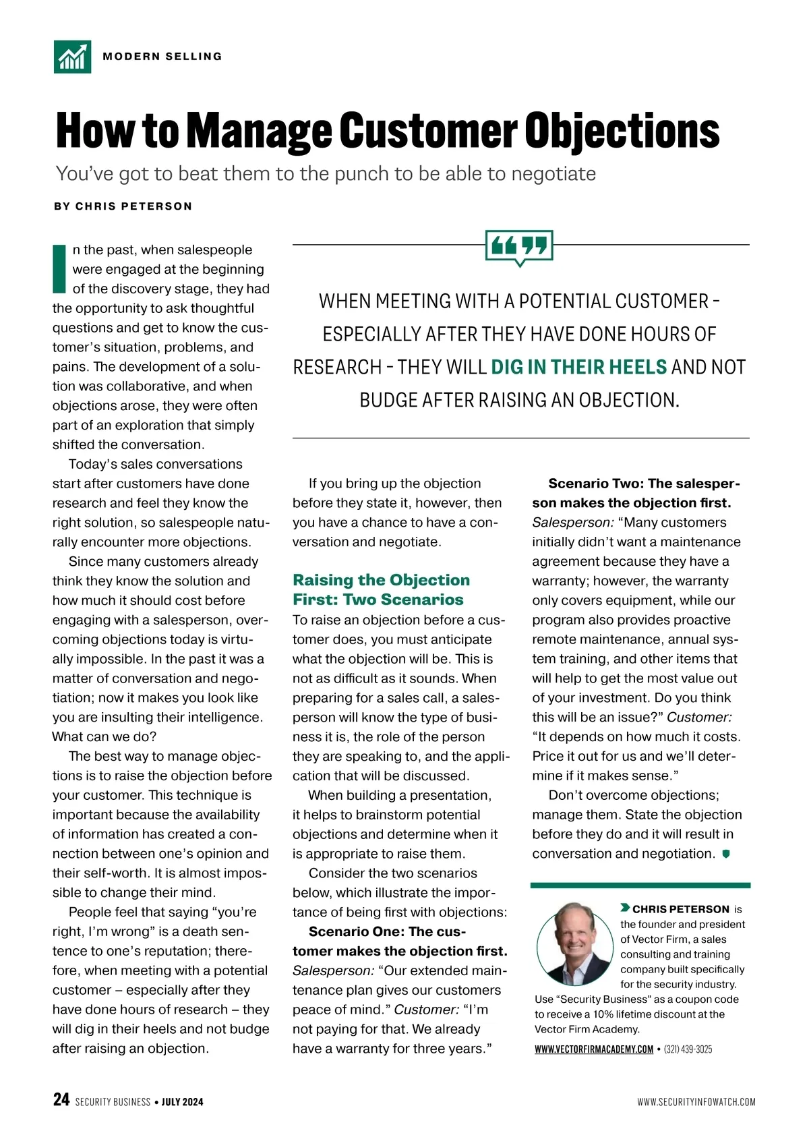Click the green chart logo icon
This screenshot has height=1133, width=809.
tap(72, 57)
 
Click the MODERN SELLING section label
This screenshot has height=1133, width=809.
tap(162, 57)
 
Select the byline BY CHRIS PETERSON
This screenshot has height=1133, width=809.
tap(123, 206)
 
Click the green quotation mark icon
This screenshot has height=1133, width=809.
tap(519, 246)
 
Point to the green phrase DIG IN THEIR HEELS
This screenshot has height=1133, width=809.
tap(578, 368)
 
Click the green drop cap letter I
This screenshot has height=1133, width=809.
tap(60, 269)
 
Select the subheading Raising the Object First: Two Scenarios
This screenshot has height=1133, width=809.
tap(381, 590)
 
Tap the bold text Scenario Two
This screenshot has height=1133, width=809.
tap(595, 484)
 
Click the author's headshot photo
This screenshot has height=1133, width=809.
tap(575, 943)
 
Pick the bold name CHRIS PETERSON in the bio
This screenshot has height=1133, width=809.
tap(680, 909)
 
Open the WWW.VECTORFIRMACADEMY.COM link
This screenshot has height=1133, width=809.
tap(594, 1049)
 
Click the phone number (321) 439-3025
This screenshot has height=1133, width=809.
tap(688, 1049)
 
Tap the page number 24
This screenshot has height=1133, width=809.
tap(61, 1100)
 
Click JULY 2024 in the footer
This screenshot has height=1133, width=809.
tap(182, 1102)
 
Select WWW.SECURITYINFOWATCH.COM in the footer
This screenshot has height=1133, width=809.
tap(696, 1102)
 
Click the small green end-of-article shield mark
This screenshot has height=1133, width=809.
tap(726, 854)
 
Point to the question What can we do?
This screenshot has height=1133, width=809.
tap(104, 737)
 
